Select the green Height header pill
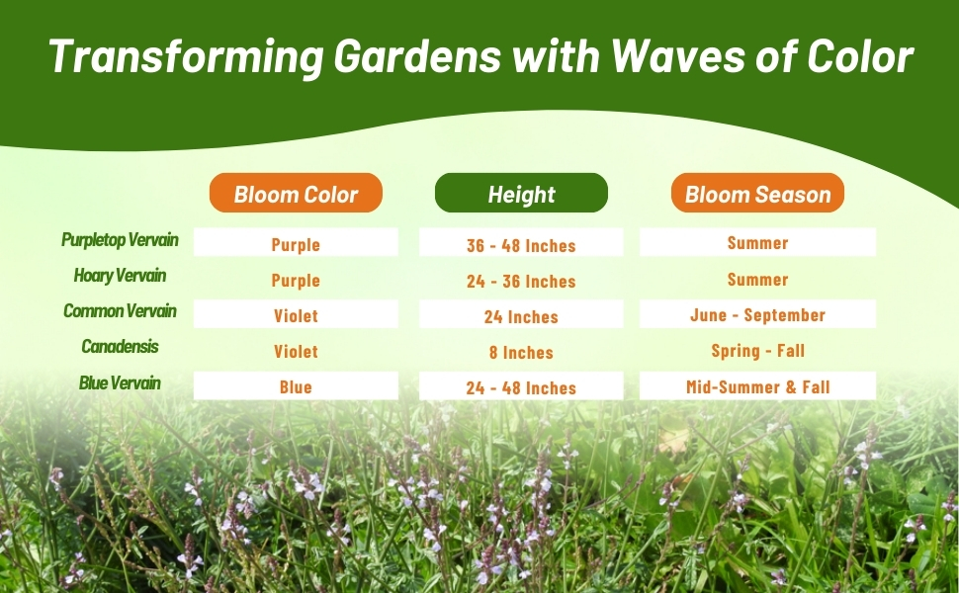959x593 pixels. pyautogui.click(x=521, y=193)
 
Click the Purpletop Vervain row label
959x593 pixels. pyautogui.click(x=120, y=240)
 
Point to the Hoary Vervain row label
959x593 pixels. pyautogui.click(x=120, y=276)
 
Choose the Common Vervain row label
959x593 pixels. pyautogui.click(x=120, y=311)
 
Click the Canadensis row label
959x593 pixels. pyautogui.click(x=120, y=347)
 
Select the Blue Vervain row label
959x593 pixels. pyautogui.click(x=120, y=383)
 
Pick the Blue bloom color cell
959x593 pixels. pyautogui.click(x=296, y=385)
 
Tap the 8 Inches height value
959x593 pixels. pyautogui.click(x=521, y=353)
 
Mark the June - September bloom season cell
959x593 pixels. pyautogui.click(x=757, y=314)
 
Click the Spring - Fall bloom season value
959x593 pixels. pyautogui.click(x=757, y=351)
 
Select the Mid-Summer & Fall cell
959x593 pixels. pyautogui.click(x=757, y=385)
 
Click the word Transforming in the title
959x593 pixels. pyautogui.click(x=186, y=57)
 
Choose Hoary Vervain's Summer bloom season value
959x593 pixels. pyautogui.click(x=757, y=280)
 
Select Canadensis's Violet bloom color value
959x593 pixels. pyautogui.click(x=296, y=352)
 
